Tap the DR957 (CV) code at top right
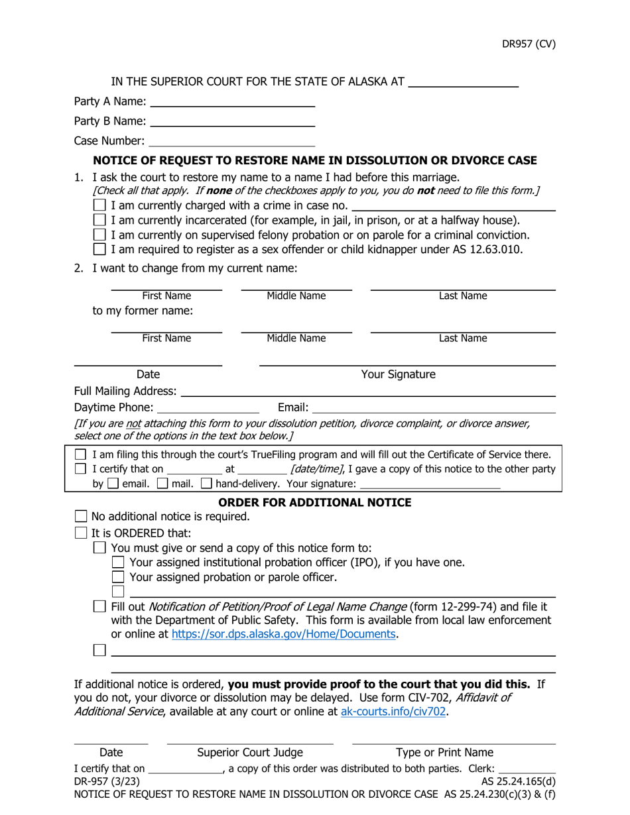click(528, 44)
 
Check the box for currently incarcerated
click(99, 220)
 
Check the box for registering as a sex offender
click(99, 249)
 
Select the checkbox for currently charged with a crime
click(99, 205)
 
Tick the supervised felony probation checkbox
click(99, 235)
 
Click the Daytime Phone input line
click(208, 407)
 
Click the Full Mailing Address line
click(367, 392)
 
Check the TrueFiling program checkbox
click(80, 455)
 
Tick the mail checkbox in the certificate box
click(162, 484)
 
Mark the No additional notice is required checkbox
click(81, 516)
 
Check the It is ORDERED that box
click(81, 533)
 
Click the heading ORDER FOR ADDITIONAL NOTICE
click(314, 502)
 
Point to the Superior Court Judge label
click(250, 753)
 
